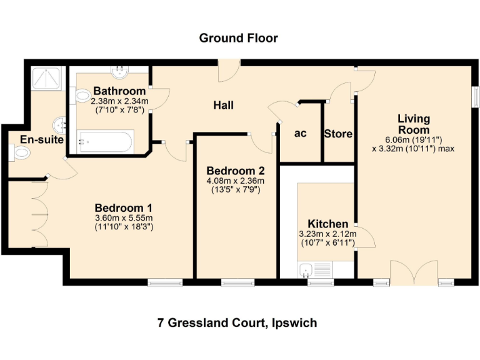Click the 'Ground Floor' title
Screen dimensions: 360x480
(x=238, y=38)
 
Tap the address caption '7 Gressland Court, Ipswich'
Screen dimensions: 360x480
(x=237, y=323)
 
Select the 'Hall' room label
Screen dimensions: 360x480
(x=223, y=105)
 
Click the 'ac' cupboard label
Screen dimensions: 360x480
(x=300, y=133)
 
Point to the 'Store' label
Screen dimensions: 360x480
(x=338, y=134)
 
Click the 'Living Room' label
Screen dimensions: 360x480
(x=414, y=124)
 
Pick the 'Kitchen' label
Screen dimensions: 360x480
(x=327, y=224)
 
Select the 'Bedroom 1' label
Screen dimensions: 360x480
(x=124, y=208)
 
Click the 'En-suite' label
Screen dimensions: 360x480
(x=42, y=139)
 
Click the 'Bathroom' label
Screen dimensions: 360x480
(x=119, y=91)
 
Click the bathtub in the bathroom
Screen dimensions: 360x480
(x=105, y=141)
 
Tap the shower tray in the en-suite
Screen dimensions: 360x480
(x=47, y=79)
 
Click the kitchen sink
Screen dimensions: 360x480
(x=307, y=270)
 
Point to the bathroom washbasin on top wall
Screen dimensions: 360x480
(x=118, y=71)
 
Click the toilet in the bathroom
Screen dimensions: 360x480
(x=82, y=96)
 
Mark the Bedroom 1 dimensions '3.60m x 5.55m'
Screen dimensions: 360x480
(x=124, y=218)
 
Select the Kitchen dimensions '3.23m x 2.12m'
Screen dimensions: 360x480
(x=327, y=234)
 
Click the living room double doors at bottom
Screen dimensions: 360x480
(x=413, y=273)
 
